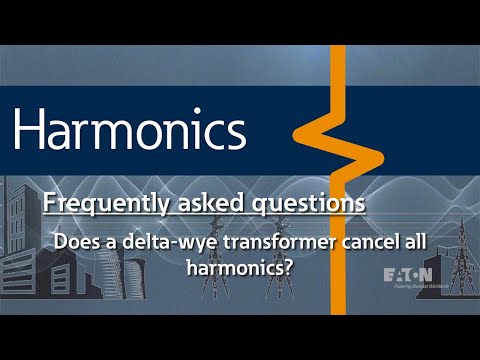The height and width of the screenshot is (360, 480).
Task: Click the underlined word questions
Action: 300,203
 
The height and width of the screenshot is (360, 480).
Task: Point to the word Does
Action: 76,241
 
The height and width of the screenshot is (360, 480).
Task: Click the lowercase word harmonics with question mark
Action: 234,267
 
